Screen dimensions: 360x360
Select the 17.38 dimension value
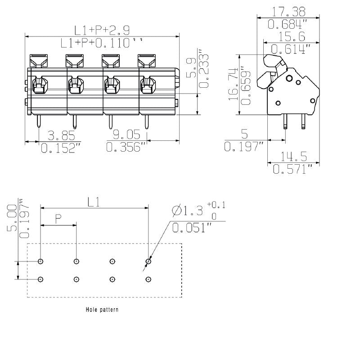pyautogui.click(x=288, y=11)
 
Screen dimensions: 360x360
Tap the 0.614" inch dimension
pyautogui.click(x=288, y=49)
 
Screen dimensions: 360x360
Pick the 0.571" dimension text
pyautogui.click(x=292, y=170)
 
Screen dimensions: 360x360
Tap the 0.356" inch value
pyautogui.click(x=126, y=147)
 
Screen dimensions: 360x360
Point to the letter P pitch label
pyautogui.click(x=58, y=219)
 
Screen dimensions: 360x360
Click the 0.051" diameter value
pyautogui.click(x=192, y=227)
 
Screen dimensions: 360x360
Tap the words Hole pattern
pyautogui.click(x=102, y=310)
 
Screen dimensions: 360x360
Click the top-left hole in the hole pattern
pyautogui.click(x=41, y=261)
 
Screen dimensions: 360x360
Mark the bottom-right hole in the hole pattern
pyautogui.click(x=148, y=279)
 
